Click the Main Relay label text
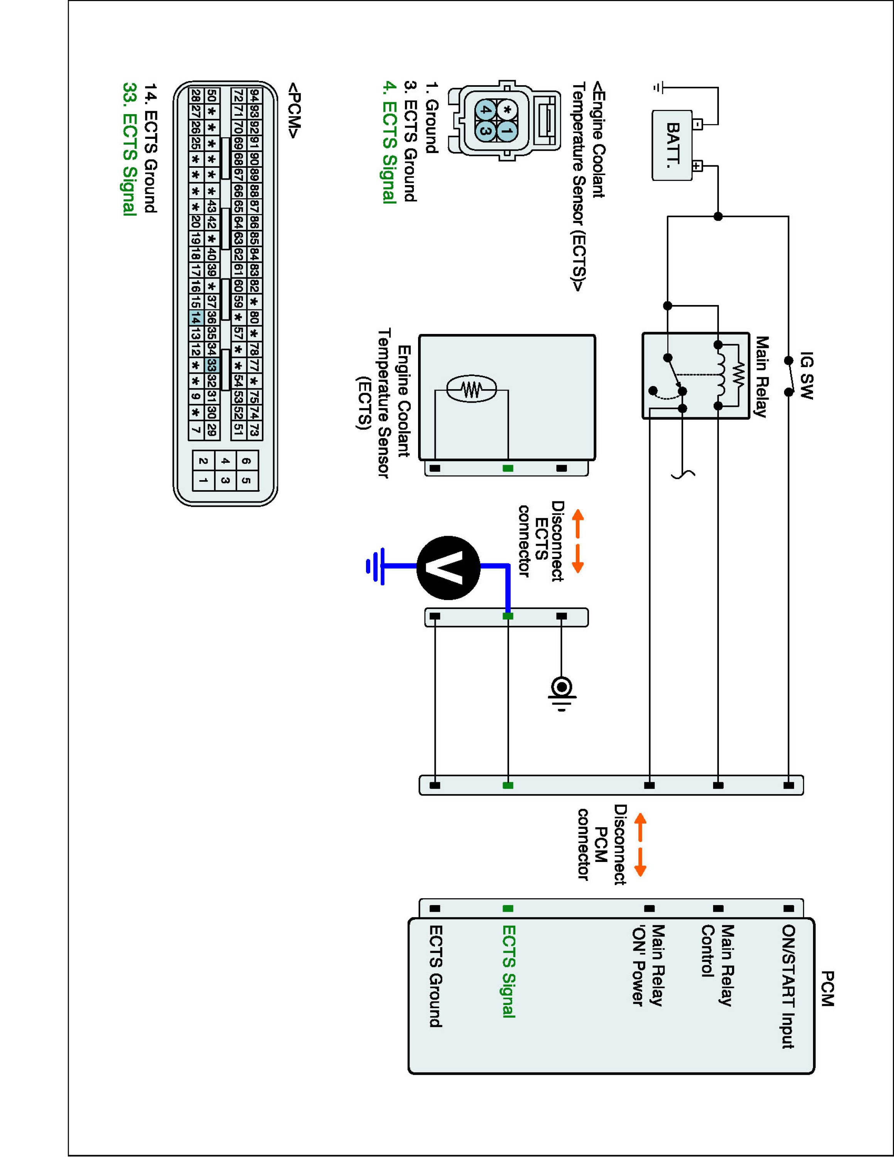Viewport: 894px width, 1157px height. click(x=761, y=377)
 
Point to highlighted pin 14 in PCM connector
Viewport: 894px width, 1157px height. click(x=196, y=319)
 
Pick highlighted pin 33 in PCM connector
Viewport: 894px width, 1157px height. click(x=211, y=366)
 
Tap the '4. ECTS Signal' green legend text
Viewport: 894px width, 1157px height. click(x=390, y=142)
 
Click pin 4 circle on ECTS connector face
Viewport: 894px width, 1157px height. click(x=485, y=110)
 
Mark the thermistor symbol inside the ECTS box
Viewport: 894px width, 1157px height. click(x=471, y=390)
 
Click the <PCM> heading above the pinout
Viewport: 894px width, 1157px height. click(x=295, y=110)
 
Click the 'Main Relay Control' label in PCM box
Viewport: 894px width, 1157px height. click(x=718, y=965)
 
